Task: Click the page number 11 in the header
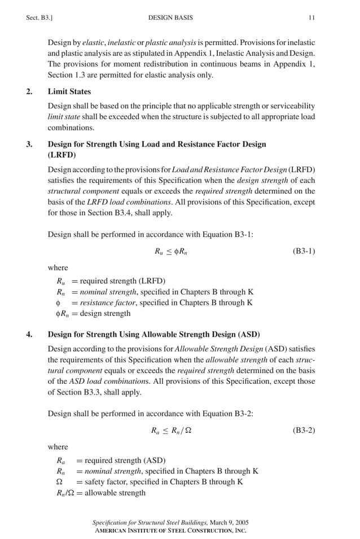pyautogui.click(x=311, y=18)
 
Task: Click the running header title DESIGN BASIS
pyautogui.click(x=170, y=18)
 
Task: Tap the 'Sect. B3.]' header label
pyautogui.click(x=40, y=18)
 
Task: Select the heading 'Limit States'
pyautogui.click(x=69, y=91)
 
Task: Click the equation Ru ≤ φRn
pyautogui.click(x=171, y=251)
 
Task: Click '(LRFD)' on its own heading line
pyautogui.click(x=62, y=155)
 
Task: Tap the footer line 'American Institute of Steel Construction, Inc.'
pyautogui.click(x=170, y=531)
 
